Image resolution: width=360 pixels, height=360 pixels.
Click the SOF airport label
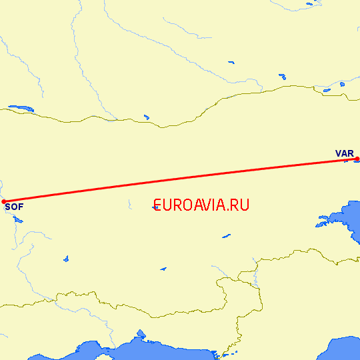click(13, 207)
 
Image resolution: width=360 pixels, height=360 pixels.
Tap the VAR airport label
click(345, 154)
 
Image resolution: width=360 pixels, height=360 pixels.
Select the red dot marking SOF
click(3, 201)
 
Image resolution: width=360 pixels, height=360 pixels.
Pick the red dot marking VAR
click(357, 159)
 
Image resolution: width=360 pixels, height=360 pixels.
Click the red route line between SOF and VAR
click(180, 179)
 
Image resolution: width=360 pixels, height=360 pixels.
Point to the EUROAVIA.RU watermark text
click(201, 205)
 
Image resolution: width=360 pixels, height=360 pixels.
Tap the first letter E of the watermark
click(157, 205)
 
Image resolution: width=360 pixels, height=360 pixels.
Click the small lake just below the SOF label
click(18, 219)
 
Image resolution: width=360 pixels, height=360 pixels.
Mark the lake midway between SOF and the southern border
click(66, 259)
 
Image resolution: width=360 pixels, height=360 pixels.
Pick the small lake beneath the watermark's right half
click(227, 235)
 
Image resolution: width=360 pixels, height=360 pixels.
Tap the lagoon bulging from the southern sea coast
click(141, 334)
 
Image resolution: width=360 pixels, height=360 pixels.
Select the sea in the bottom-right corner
click(343, 350)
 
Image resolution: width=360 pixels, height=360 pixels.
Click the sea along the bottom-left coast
click(100, 350)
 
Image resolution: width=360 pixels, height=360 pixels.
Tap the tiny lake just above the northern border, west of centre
click(146, 118)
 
